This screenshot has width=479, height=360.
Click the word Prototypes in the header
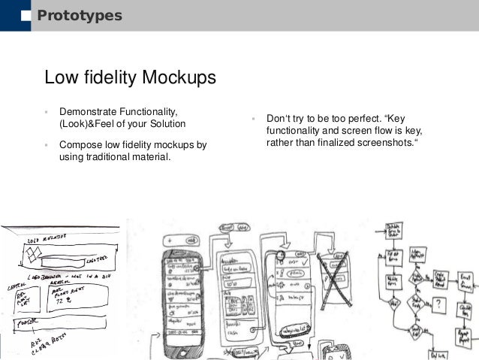[80, 16]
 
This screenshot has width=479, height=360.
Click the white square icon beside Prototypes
[26, 16]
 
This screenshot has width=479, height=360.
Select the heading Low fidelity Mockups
[131, 78]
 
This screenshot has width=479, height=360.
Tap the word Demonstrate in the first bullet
[91, 111]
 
